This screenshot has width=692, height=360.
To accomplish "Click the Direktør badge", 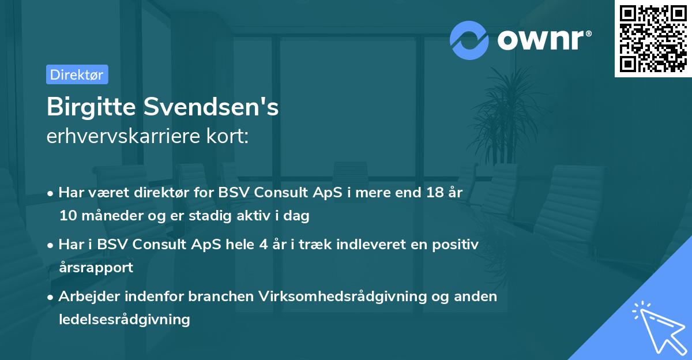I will (77, 74).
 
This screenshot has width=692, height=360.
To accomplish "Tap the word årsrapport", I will (96, 267).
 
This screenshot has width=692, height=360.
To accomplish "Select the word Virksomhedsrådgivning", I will (335, 297).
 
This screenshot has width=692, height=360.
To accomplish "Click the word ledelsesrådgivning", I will (125, 319).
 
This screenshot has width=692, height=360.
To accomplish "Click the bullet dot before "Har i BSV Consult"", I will (51, 245).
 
